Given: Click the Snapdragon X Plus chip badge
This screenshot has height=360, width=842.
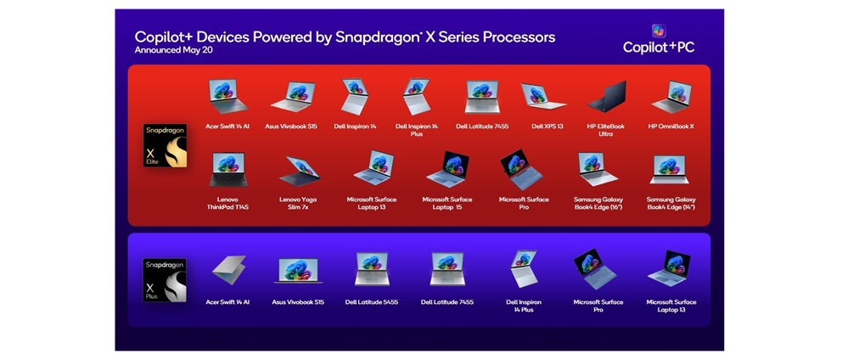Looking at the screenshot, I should point(164,279).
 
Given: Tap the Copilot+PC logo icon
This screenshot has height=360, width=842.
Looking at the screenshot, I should point(659,32).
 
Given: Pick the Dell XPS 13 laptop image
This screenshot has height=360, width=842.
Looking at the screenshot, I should point(542,97).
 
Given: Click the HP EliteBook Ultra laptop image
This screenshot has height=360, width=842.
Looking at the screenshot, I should point(605,97).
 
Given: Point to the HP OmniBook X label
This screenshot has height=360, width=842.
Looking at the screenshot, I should point(671,127).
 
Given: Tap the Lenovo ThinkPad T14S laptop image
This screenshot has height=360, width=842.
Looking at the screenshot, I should point(227,170).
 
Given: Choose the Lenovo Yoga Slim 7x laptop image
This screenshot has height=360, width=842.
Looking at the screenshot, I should point(299,170).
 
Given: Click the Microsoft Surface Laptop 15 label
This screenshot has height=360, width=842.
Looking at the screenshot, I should point(447,203).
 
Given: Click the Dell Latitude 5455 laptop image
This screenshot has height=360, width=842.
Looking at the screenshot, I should point(372,268).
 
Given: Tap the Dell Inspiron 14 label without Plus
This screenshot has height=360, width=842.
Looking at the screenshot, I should point(356,127).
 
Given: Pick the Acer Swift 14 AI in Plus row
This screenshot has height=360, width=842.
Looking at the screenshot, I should point(227,268).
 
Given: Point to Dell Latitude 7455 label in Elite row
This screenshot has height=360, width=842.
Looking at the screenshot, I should point(482,127).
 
